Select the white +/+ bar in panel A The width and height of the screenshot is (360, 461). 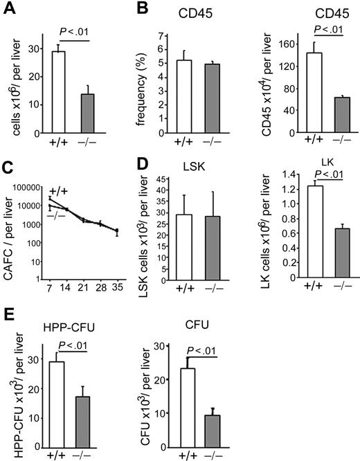[55, 91]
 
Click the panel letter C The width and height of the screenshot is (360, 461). [8, 169]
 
